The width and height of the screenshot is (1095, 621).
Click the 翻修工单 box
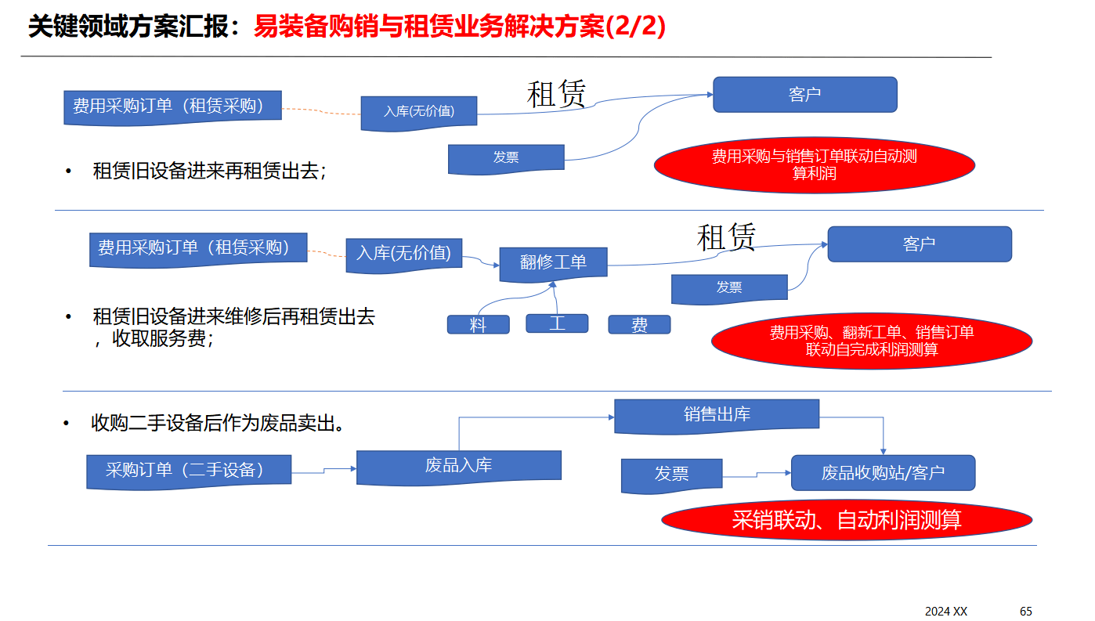[x=553, y=262]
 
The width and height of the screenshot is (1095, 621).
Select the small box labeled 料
[x=478, y=324]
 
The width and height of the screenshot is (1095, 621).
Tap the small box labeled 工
[x=557, y=323]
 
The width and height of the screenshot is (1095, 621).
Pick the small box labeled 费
[x=639, y=324]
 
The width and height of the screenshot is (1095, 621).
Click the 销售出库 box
[x=716, y=414]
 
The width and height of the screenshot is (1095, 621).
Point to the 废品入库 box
[x=458, y=466]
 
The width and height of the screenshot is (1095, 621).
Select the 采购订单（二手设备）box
[x=188, y=470]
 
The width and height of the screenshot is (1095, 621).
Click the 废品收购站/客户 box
[x=883, y=472]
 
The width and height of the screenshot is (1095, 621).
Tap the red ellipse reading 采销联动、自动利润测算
[x=846, y=519]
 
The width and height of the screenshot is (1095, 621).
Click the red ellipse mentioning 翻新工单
[x=871, y=341]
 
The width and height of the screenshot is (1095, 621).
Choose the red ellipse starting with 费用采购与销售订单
[x=814, y=164]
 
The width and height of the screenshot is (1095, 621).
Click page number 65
[x=1026, y=611]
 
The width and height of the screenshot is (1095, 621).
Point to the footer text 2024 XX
[x=946, y=611]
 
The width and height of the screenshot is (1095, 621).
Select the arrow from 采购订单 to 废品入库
[x=324, y=470]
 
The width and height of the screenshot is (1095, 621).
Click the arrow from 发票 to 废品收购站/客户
[x=757, y=474]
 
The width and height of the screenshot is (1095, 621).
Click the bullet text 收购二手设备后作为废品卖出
[x=219, y=424]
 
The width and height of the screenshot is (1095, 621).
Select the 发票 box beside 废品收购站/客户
[x=671, y=474]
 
